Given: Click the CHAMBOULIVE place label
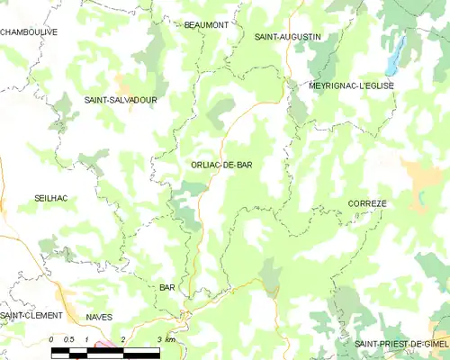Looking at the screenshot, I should point(29,31).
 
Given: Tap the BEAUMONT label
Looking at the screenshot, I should point(206,25).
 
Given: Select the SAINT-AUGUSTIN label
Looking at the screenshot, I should point(287,37).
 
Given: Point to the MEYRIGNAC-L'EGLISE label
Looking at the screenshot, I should point(351,85).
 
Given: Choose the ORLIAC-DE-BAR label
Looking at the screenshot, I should point(221,165).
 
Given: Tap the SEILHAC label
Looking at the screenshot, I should point(50,197).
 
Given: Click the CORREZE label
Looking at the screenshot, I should point(366,204).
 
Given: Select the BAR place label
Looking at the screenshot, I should point(166,287).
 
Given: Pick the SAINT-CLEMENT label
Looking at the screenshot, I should point(31,316).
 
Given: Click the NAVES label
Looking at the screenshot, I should point(99,317).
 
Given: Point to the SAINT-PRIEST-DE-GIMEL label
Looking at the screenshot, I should point(400,344).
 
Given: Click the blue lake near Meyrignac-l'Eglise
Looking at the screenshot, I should point(394,58).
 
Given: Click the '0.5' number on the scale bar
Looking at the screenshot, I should point(68,338).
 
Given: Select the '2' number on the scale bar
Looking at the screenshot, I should point(123,338).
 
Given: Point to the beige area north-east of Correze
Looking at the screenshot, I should point(421,175).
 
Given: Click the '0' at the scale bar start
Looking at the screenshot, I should point(52,338).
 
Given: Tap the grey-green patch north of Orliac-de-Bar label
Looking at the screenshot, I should point(219,115).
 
